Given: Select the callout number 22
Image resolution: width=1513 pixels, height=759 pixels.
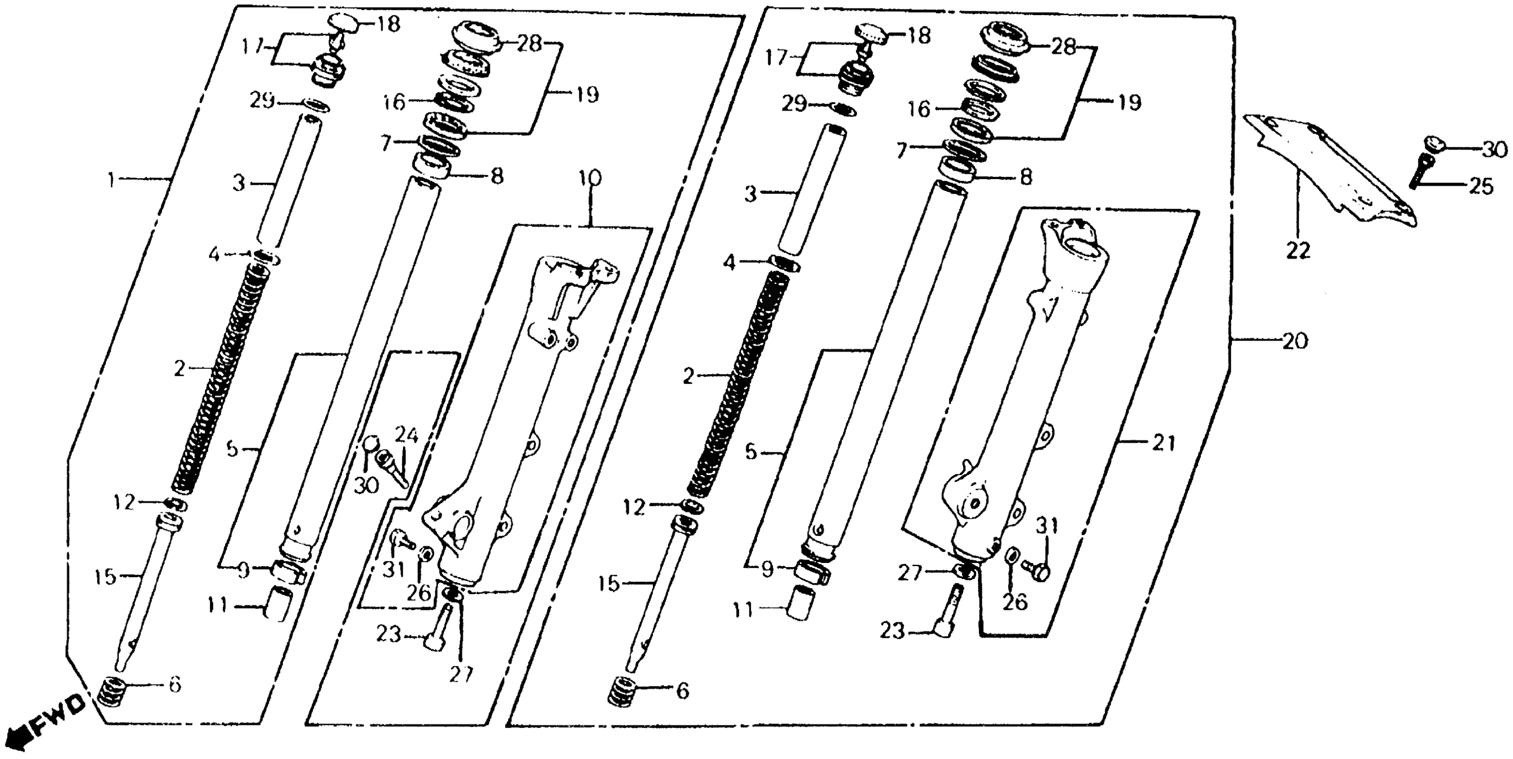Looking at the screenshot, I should (x=1299, y=252).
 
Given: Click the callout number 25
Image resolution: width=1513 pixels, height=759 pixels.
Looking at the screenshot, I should (x=1481, y=187).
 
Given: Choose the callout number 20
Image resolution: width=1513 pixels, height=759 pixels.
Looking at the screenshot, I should (x=1295, y=341).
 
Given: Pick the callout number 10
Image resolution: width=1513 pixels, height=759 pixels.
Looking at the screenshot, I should (x=590, y=178).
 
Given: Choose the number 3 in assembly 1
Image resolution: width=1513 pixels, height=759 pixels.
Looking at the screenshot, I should (x=238, y=183).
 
